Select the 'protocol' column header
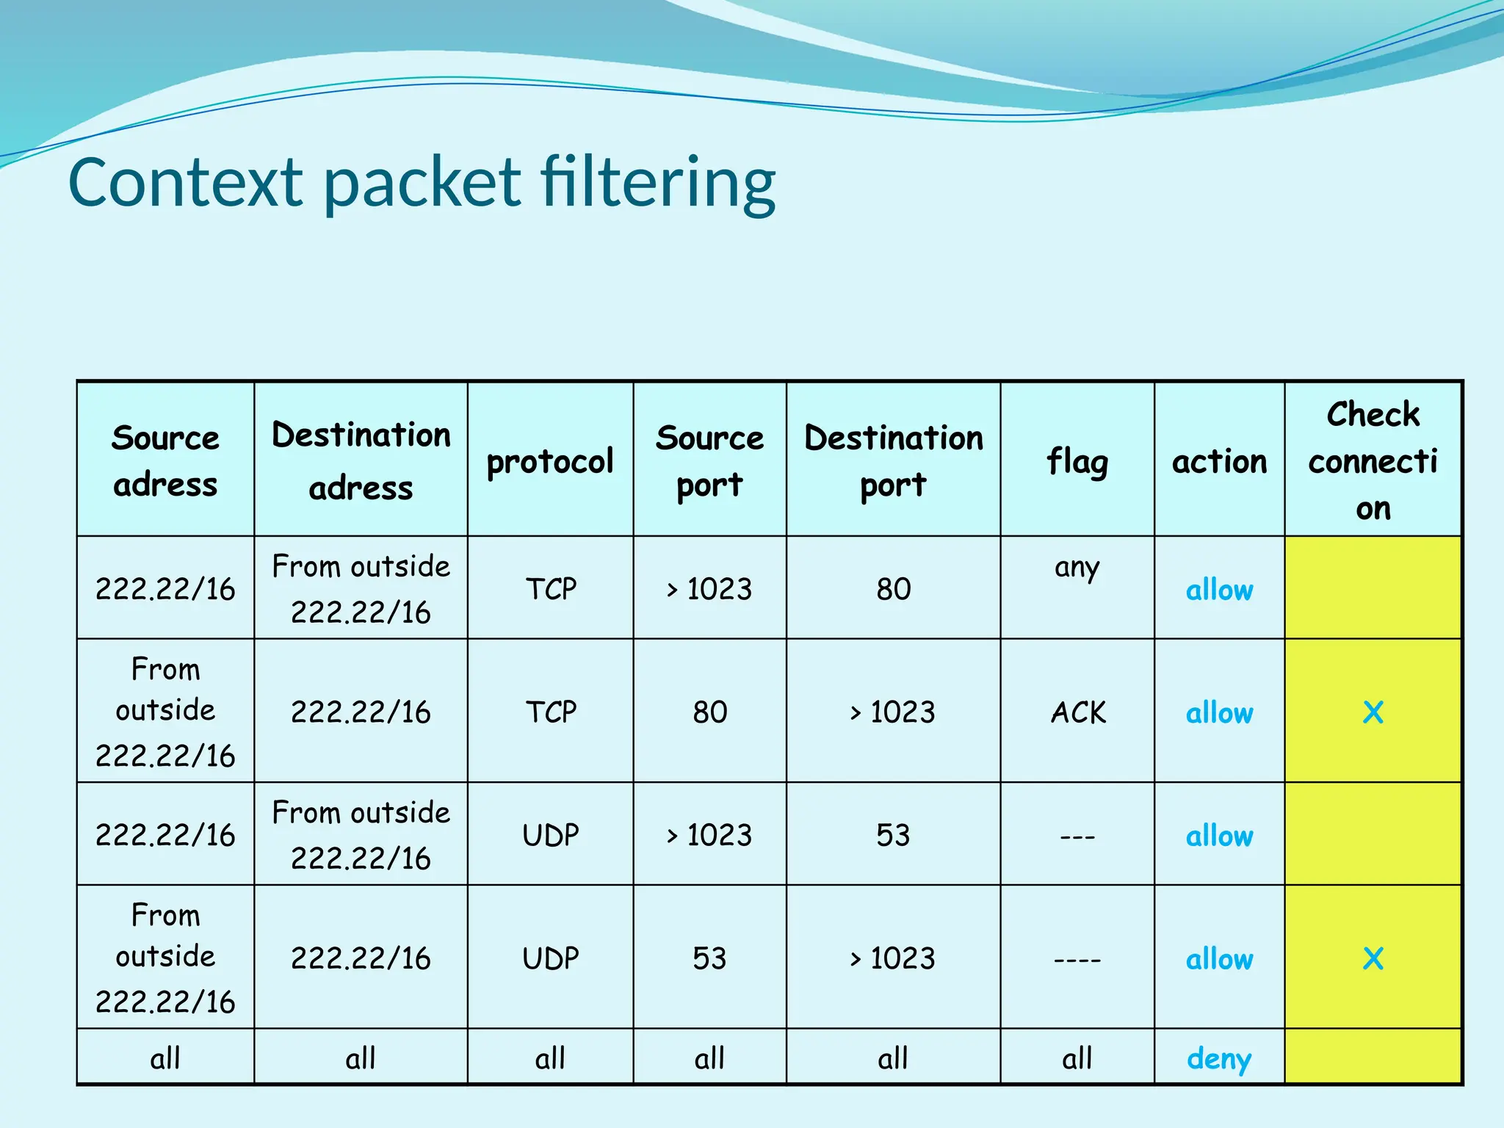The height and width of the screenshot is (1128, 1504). tap(550, 461)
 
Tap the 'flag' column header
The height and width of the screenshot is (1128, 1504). tap(1077, 462)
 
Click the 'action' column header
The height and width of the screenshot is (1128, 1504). tap(1219, 462)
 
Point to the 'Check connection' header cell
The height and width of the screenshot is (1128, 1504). tap(1373, 460)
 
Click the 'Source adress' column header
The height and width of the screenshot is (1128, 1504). tap(165, 460)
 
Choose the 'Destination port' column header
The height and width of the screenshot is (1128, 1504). tap(893, 460)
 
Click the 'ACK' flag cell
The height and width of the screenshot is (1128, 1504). tap(1077, 712)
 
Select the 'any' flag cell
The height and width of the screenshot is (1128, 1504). tap(1077, 568)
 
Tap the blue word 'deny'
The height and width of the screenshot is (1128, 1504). tap(1219, 1058)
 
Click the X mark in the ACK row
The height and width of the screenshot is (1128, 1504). tap(1373, 712)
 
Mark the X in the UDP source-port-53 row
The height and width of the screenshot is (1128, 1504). tap(1373, 958)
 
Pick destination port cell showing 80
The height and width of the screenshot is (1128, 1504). tap(893, 589)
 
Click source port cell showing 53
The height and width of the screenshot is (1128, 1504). tap(709, 958)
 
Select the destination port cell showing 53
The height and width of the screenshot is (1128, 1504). tap(893, 835)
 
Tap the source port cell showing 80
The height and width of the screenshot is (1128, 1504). tap(709, 712)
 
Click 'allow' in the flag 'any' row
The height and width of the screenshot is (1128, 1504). tap(1219, 590)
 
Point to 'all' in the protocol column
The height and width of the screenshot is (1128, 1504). tap(550, 1058)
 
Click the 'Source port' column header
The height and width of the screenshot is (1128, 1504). tap(709, 460)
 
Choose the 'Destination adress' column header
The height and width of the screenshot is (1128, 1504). tap(361, 460)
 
